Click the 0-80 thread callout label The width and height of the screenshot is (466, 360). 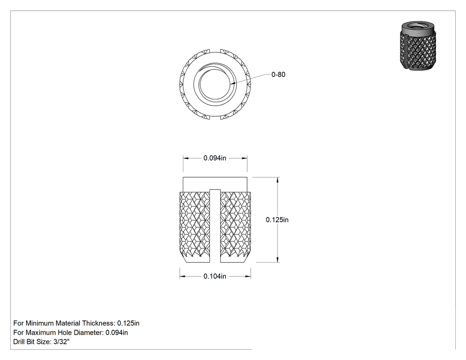(278, 75)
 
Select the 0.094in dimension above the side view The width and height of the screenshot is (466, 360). (215, 158)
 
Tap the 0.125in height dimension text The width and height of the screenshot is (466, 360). (277, 220)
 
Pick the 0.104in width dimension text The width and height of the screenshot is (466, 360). (215, 276)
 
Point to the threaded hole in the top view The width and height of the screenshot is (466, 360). (215, 84)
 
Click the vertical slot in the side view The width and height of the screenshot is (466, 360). (215, 226)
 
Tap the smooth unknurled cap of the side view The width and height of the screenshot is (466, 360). (215, 184)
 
